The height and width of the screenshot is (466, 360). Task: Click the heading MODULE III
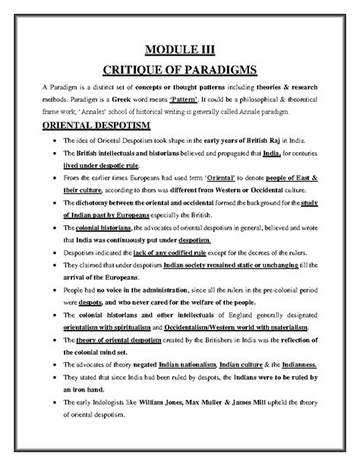click(x=180, y=50)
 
